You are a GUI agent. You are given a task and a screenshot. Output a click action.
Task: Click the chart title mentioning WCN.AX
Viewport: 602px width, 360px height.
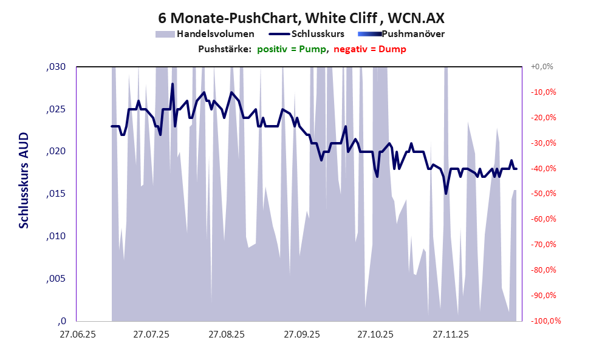coord(301,17)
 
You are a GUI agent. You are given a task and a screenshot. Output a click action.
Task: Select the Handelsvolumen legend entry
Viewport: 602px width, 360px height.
coord(205,34)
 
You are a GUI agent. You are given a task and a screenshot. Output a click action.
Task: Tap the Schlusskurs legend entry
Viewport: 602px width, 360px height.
coord(309,34)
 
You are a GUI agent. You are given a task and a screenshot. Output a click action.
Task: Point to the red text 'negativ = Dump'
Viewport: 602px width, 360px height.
coord(369,49)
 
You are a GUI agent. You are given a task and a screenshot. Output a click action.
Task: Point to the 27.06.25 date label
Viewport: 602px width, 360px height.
coord(77,335)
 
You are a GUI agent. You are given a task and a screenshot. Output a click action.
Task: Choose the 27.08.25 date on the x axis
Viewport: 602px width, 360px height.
coord(226,335)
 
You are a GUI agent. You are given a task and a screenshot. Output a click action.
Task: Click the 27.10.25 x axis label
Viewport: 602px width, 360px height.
coord(375,335)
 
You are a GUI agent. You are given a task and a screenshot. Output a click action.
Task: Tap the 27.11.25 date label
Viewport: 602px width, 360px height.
coord(450,335)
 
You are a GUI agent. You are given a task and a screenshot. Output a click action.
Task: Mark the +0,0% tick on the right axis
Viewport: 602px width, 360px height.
coord(542,67)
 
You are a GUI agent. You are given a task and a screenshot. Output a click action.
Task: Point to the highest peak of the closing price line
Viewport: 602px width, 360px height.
coord(173,84)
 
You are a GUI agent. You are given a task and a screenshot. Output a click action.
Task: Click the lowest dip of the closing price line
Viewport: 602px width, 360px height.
coord(446,193)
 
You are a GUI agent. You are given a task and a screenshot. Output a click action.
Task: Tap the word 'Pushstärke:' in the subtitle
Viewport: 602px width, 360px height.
coord(225,49)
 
